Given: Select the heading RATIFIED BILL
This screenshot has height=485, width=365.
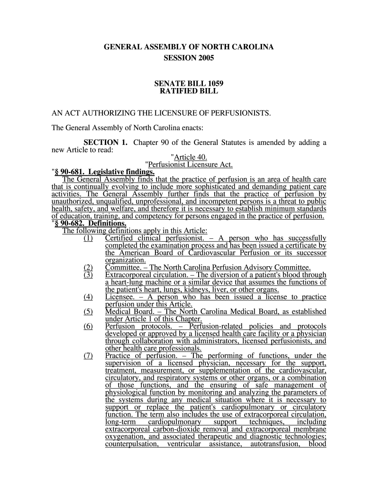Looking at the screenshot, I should (189, 91).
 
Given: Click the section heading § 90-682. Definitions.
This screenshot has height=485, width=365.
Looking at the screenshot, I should (90, 224).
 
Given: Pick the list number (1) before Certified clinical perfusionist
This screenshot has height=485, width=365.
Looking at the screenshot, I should (88, 238).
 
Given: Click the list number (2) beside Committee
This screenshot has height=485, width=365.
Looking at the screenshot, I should (88, 267).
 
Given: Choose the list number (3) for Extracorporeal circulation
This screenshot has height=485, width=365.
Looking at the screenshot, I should (88, 275).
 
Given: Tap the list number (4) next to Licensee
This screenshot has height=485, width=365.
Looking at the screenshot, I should (88, 297).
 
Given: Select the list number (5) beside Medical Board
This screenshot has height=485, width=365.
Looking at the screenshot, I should (88, 312).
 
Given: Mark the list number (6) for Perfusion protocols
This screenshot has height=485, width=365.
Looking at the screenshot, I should (88, 327).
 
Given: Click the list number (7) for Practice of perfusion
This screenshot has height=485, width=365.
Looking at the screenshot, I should (88, 356).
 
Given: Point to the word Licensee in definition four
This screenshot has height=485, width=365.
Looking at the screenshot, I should (119, 297).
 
